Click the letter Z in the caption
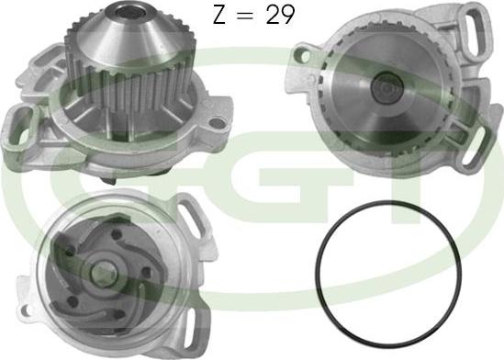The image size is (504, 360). (x=218, y=15)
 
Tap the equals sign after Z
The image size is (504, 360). (x=244, y=16)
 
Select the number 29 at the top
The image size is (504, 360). (x=279, y=15)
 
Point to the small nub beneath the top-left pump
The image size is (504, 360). (x=108, y=180)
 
